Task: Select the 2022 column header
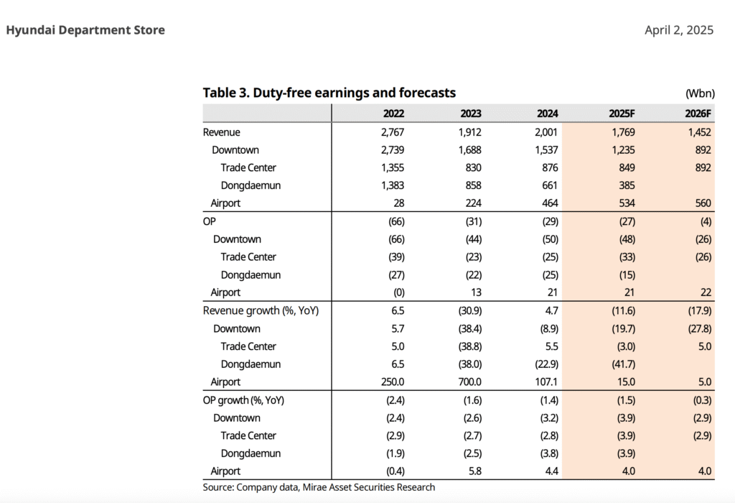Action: (393, 114)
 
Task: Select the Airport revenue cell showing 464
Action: (549, 203)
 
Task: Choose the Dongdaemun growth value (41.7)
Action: (622, 364)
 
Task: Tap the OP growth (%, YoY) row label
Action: (244, 400)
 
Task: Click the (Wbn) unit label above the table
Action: (699, 94)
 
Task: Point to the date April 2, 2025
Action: (679, 30)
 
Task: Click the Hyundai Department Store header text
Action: (85, 30)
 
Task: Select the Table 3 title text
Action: (329, 93)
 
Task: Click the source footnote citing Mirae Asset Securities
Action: (319, 487)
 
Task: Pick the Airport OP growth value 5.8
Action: (474, 471)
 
